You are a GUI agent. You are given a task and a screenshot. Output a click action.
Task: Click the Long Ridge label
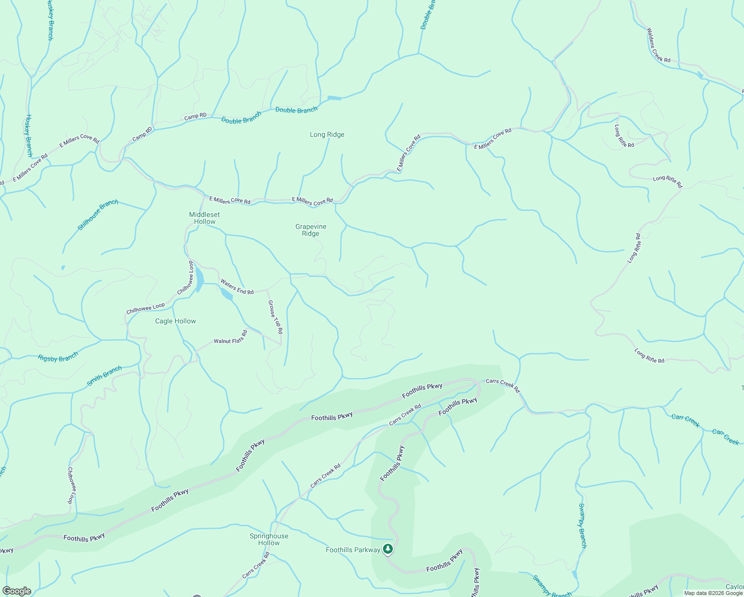(x=327, y=135)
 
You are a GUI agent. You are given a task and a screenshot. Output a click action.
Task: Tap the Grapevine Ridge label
(x=311, y=230)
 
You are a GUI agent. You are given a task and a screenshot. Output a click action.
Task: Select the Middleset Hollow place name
(x=204, y=218)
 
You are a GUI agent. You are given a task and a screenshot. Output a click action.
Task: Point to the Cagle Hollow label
(x=176, y=321)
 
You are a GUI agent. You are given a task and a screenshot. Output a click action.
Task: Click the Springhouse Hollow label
(x=269, y=539)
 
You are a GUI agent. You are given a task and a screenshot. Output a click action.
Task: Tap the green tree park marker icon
(x=388, y=549)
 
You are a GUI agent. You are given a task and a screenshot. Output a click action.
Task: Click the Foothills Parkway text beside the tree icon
(x=353, y=550)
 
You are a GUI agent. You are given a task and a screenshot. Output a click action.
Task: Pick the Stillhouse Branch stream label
(x=98, y=215)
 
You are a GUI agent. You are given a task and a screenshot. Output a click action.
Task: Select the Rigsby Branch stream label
(x=58, y=357)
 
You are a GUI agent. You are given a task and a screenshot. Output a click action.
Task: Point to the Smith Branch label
(x=104, y=376)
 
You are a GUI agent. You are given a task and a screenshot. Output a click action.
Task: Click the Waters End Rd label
(x=237, y=287)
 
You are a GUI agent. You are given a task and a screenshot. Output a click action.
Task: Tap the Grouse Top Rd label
(x=276, y=316)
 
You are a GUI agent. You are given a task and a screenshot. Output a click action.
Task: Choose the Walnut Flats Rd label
(x=230, y=338)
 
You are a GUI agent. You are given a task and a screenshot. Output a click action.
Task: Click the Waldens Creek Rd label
(x=658, y=45)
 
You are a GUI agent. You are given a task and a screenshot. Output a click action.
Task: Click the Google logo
(x=16, y=591)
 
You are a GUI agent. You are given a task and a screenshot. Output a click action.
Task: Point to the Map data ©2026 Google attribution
(x=713, y=593)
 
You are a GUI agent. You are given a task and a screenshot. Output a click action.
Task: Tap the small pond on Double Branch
(x=335, y=98)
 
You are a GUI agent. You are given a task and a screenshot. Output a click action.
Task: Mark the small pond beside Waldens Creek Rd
(x=701, y=76)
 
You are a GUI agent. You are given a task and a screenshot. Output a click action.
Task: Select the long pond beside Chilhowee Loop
(x=199, y=280)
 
